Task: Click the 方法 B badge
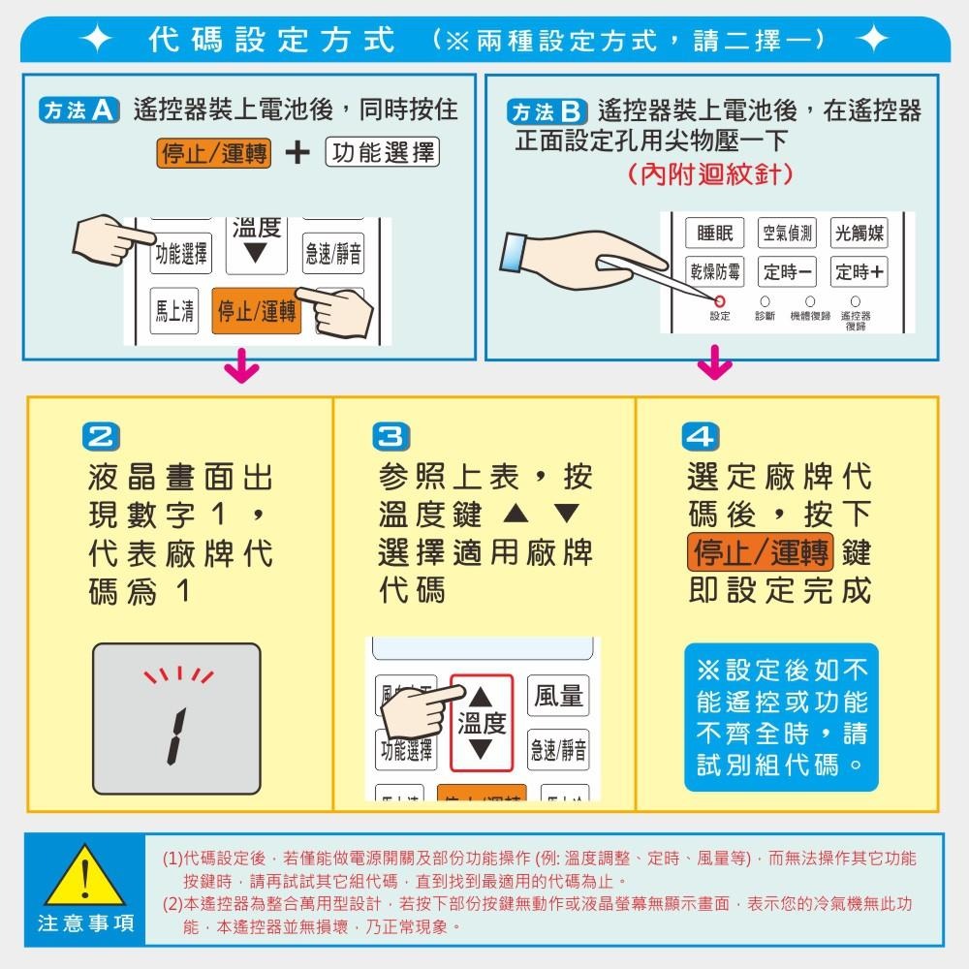(x=549, y=110)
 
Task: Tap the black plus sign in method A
(x=298, y=153)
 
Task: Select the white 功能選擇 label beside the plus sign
(x=383, y=153)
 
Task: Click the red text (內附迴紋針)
(x=710, y=174)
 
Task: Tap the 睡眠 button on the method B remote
(x=714, y=234)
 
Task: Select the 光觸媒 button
(x=859, y=234)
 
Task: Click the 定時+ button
(x=859, y=272)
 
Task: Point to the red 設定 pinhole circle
(x=720, y=301)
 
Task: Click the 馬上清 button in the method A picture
(x=175, y=311)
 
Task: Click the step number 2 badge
(x=105, y=437)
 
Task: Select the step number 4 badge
(x=701, y=437)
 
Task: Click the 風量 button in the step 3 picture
(x=558, y=696)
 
